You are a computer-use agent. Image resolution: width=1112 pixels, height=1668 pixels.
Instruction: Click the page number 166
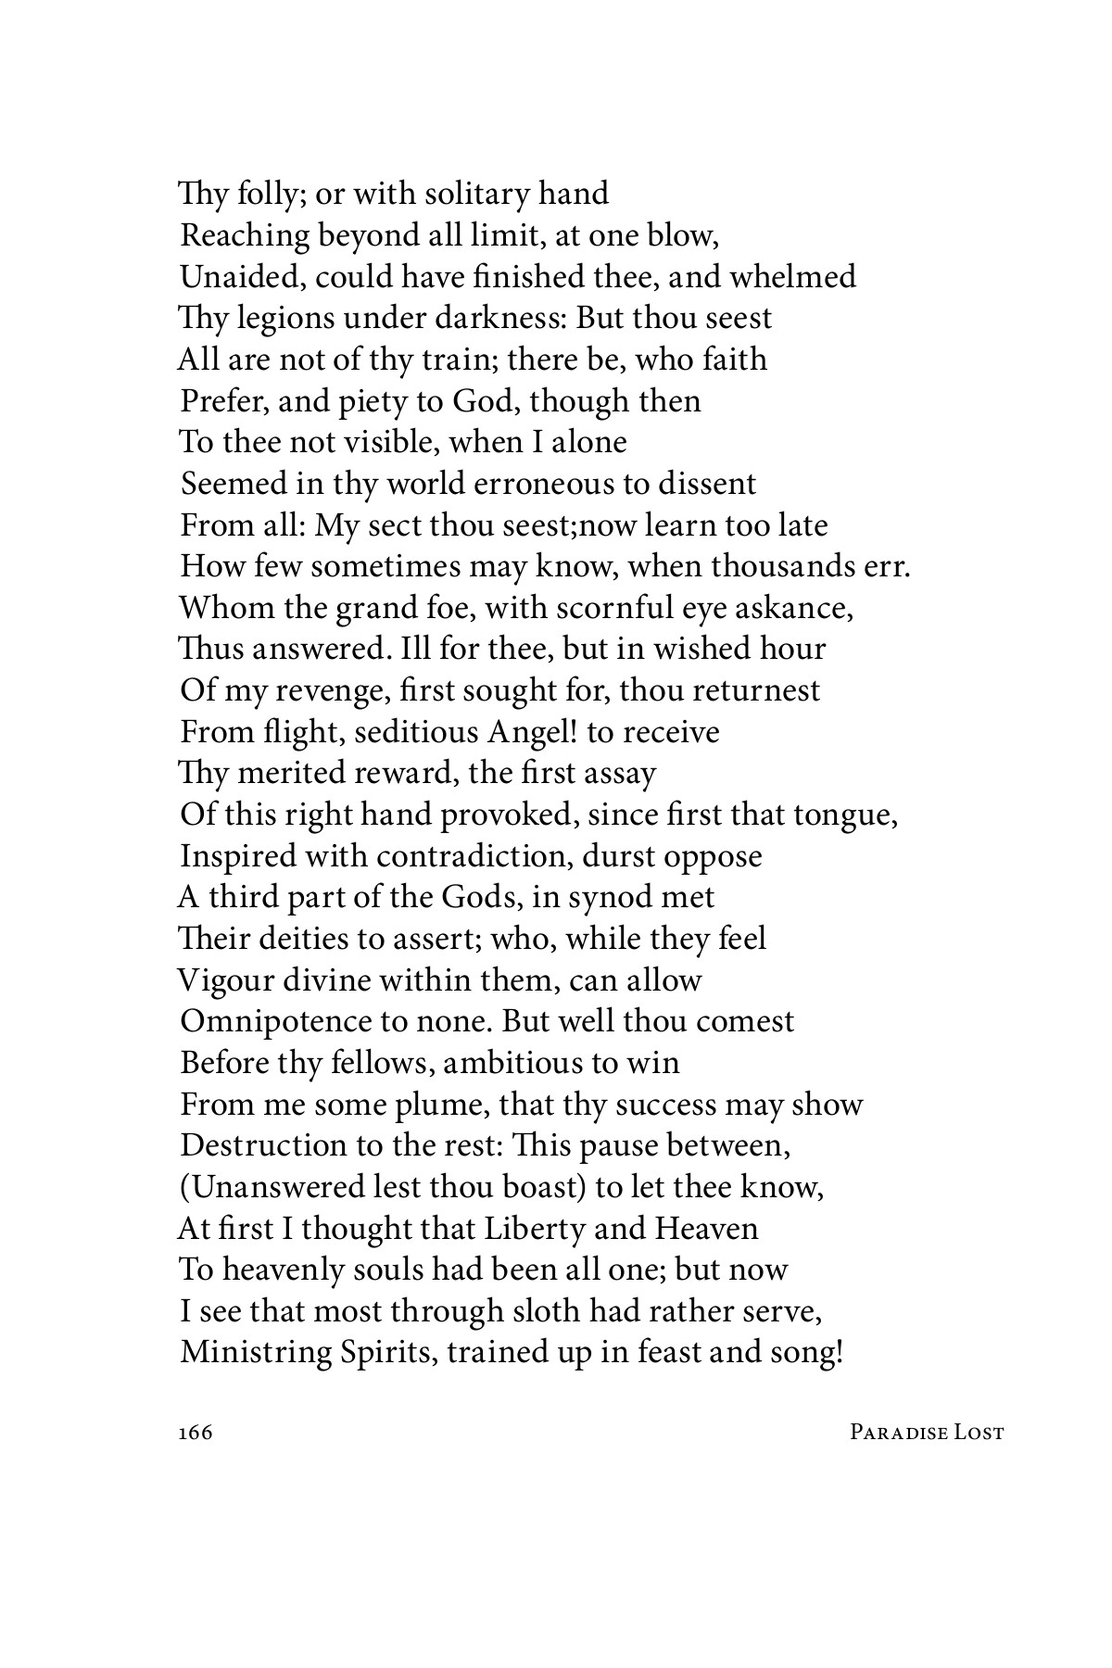click(195, 1433)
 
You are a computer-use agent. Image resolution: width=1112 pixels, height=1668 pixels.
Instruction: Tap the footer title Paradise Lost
click(926, 1433)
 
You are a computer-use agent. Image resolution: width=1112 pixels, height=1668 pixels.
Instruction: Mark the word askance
click(791, 608)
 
